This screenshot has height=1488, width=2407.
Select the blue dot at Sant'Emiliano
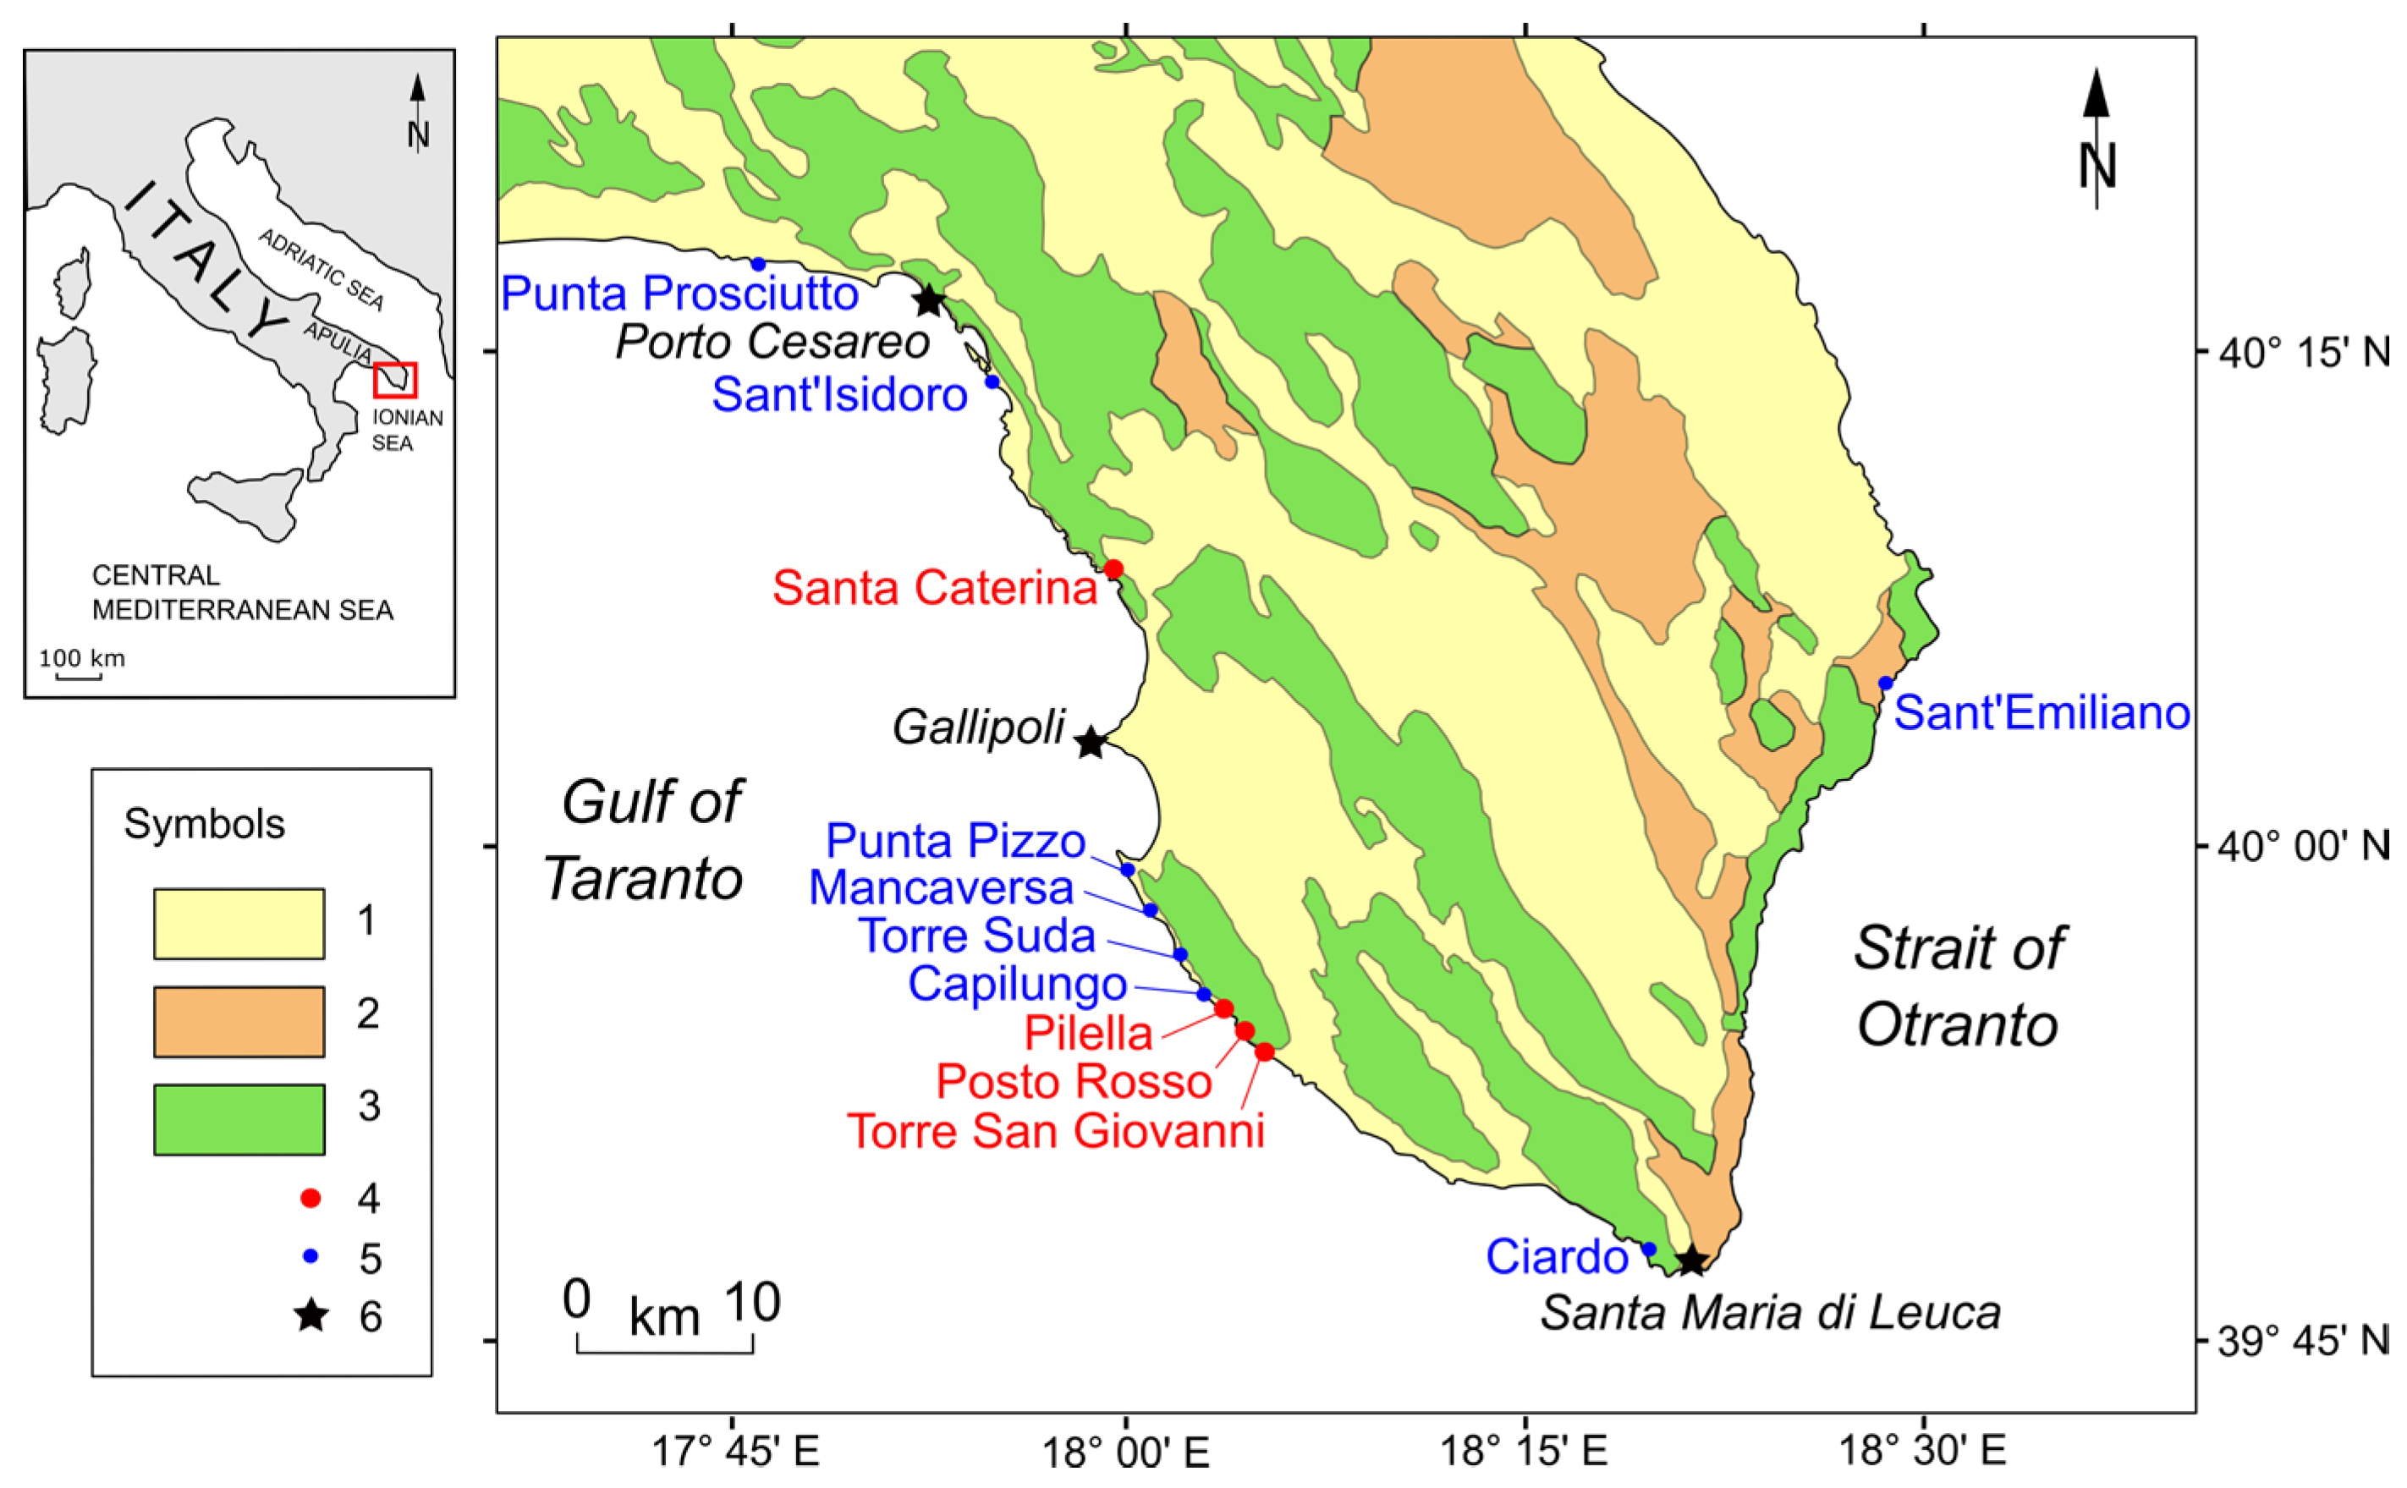tap(1884, 683)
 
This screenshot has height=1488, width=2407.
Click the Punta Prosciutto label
tap(680, 294)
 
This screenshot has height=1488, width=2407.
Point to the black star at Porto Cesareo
tap(929, 300)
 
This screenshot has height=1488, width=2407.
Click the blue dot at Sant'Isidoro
tap(992, 382)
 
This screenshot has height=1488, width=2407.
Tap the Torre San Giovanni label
tap(1055, 1131)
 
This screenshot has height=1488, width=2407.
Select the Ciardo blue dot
tap(1649, 1249)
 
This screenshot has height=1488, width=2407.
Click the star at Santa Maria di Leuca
tap(1690, 1260)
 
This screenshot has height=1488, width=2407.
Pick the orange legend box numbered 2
tap(239, 1022)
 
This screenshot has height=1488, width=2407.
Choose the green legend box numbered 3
tap(239, 1119)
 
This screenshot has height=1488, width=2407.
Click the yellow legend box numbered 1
tap(239, 923)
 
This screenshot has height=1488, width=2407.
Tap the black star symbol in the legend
tap(311, 1315)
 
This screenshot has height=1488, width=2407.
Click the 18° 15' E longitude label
tap(1524, 1451)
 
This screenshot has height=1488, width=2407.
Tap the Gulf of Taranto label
tap(645, 839)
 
